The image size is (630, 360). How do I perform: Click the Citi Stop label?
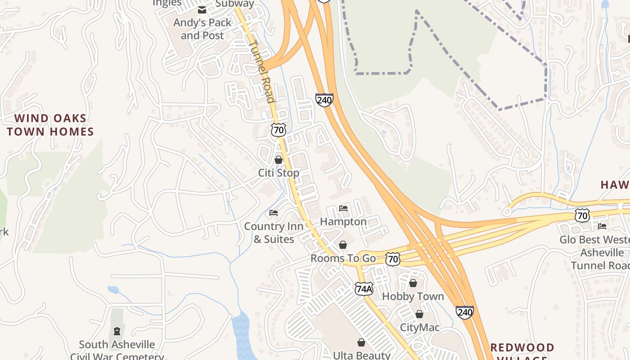pyautogui.click(x=279, y=173)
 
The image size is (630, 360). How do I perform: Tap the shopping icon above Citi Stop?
pyautogui.click(x=279, y=160)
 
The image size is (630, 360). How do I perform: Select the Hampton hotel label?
pyautogui.click(x=343, y=222)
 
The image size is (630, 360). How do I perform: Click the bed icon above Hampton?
pyautogui.click(x=343, y=208)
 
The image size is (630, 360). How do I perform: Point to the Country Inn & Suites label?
pyautogui.click(x=274, y=233)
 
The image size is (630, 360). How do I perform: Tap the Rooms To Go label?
pyautogui.click(x=343, y=258)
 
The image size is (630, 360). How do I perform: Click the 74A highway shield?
pyautogui.click(x=364, y=289)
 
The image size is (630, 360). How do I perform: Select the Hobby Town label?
pyautogui.click(x=413, y=297)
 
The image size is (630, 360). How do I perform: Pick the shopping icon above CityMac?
pyautogui.click(x=419, y=314)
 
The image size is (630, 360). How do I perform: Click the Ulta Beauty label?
pyautogui.click(x=362, y=355)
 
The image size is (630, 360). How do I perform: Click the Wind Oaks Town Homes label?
pyautogui.click(x=50, y=125)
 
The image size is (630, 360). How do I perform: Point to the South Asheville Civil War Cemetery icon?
pyautogui.click(x=117, y=332)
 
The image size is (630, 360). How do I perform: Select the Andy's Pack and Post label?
pyautogui.click(x=202, y=29)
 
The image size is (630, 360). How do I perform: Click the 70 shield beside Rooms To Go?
pyautogui.click(x=393, y=259)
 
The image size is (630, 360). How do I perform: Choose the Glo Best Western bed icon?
pyautogui.click(x=602, y=226)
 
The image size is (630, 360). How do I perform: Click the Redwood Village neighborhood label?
pyautogui.click(x=522, y=351)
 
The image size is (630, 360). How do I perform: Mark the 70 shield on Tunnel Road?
pyautogui.click(x=279, y=130)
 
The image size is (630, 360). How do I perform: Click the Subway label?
pyautogui.click(x=234, y=4)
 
